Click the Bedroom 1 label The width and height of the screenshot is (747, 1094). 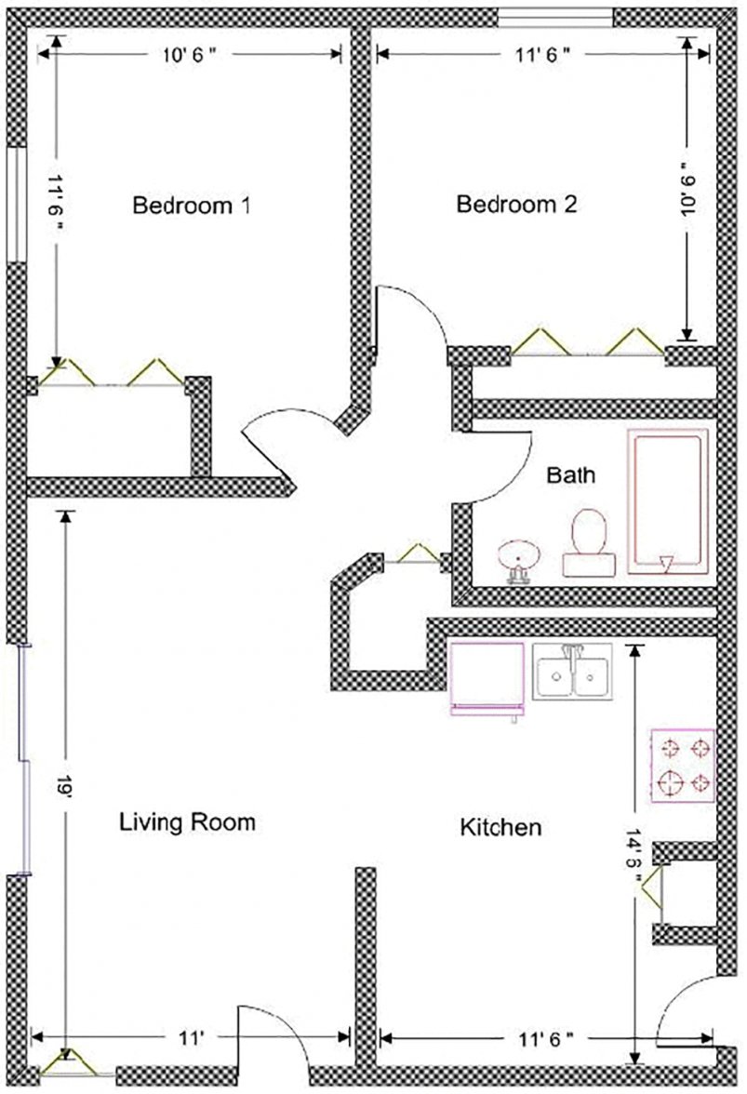click(x=192, y=205)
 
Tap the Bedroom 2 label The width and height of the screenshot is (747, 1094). click(x=516, y=205)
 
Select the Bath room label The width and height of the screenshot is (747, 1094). click(x=570, y=476)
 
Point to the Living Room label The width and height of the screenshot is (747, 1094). click(x=187, y=822)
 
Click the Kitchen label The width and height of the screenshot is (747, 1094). click(x=500, y=826)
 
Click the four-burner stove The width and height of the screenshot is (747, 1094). click(x=683, y=765)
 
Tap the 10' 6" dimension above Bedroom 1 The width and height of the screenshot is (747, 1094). click(x=190, y=55)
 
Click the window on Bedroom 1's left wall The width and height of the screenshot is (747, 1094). click(x=16, y=205)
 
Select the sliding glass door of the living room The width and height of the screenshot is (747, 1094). click(x=24, y=759)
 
